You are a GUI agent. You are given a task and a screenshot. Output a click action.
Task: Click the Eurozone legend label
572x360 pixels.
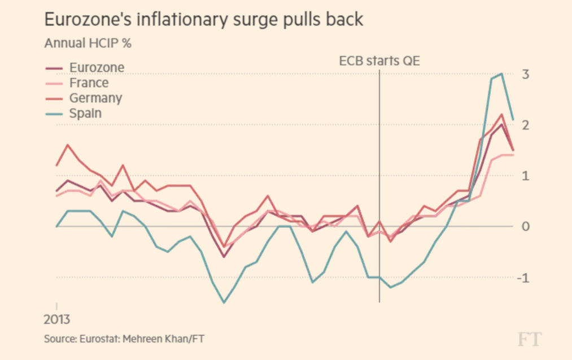[97, 68]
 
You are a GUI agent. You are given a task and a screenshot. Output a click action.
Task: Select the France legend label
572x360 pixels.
[89, 83]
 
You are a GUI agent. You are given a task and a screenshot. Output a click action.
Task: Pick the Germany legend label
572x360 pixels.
[95, 98]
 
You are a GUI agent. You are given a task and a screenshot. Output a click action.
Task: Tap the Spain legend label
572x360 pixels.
[85, 112]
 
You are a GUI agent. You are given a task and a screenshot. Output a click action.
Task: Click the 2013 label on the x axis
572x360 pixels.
[57, 319]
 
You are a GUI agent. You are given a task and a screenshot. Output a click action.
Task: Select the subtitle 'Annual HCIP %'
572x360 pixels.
[88, 44]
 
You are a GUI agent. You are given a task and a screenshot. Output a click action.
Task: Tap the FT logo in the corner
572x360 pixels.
[529, 339]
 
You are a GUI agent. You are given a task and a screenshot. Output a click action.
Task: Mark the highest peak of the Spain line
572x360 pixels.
[501, 73]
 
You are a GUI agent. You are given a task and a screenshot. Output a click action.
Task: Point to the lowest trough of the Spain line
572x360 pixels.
[224, 302]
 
